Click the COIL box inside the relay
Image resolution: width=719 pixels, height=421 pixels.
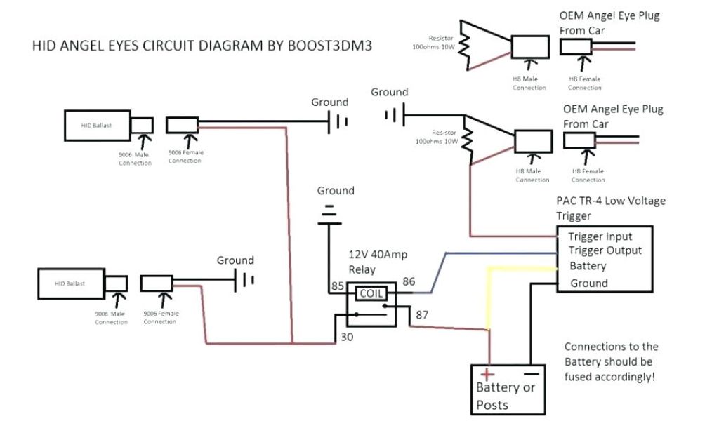click(371, 294)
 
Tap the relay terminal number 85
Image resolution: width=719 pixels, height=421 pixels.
click(337, 286)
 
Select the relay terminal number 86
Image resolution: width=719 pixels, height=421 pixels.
click(409, 282)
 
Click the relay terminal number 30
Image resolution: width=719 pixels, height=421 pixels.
click(347, 337)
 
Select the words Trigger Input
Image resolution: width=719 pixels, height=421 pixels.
click(600, 236)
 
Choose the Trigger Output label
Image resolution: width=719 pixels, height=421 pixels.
click(605, 250)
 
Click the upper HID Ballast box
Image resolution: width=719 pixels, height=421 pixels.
click(97, 124)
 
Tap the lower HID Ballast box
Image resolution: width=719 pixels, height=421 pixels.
click(70, 283)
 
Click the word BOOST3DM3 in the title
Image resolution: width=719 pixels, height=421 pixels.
click(330, 46)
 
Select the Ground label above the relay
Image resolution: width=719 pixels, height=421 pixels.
click(336, 190)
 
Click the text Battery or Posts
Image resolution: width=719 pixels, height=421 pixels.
click(506, 396)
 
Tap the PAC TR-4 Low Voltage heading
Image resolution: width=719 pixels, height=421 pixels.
click(611, 201)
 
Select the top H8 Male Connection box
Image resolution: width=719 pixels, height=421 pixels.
click(529, 47)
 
